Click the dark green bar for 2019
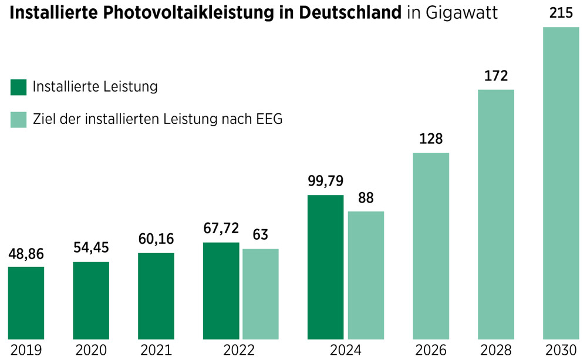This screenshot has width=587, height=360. coord(26,303)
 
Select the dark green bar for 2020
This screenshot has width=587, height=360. coord(91,300)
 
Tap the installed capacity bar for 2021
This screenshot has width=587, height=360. coord(156,296)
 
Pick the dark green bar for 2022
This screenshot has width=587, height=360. coord(221,291)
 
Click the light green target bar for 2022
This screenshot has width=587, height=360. coord(261,294)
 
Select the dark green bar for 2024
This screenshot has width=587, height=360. coord(325,267)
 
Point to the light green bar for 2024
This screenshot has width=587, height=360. coord(366,275)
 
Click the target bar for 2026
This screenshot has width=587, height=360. coord(431,246)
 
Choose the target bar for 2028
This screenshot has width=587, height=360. coord(496,214)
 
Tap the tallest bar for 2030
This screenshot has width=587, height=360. coord(561,183)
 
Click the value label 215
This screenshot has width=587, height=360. coord(561,13)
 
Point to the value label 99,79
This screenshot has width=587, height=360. coord(325,180)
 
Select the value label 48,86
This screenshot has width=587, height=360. coord(26,254)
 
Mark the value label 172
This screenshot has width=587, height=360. coord(496,76)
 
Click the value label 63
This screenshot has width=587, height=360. coord(261,235)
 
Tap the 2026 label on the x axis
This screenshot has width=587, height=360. coord(431,351)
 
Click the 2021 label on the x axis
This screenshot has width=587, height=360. coord(156,351)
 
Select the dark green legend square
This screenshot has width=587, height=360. coord(19,88)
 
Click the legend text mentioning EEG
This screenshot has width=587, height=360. coord(158,119)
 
